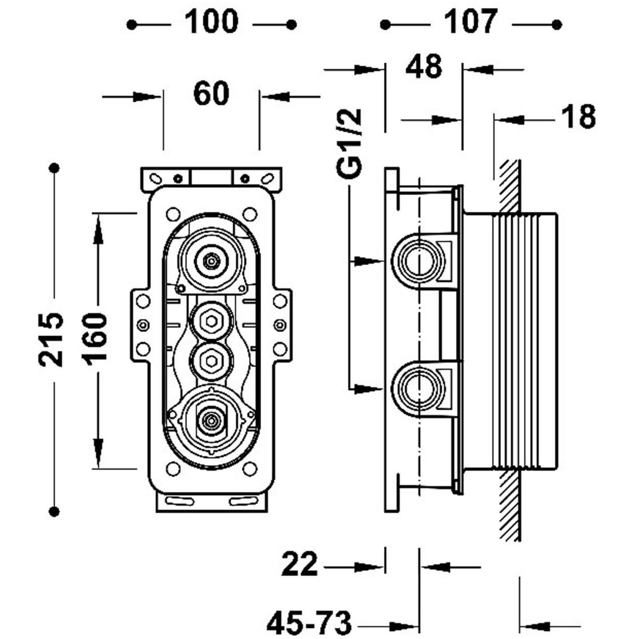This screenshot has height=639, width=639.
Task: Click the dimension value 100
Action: pyautogui.click(x=211, y=22)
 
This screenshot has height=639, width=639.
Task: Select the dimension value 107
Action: pyautogui.click(x=471, y=22)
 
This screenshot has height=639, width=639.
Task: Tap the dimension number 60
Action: pyautogui.click(x=211, y=95)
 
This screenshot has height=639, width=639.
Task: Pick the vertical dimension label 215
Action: pyautogui.click(x=52, y=339)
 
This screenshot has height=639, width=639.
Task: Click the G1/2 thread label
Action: pyautogui.click(x=351, y=142)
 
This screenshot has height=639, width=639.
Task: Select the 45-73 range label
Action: pyautogui.click(x=309, y=621)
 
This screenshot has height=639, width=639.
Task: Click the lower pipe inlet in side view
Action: pyautogui.click(x=419, y=388)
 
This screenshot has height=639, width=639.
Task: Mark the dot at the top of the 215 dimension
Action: pyautogui.click(x=53, y=168)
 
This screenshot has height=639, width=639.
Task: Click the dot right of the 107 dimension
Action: pyautogui.click(x=558, y=24)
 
